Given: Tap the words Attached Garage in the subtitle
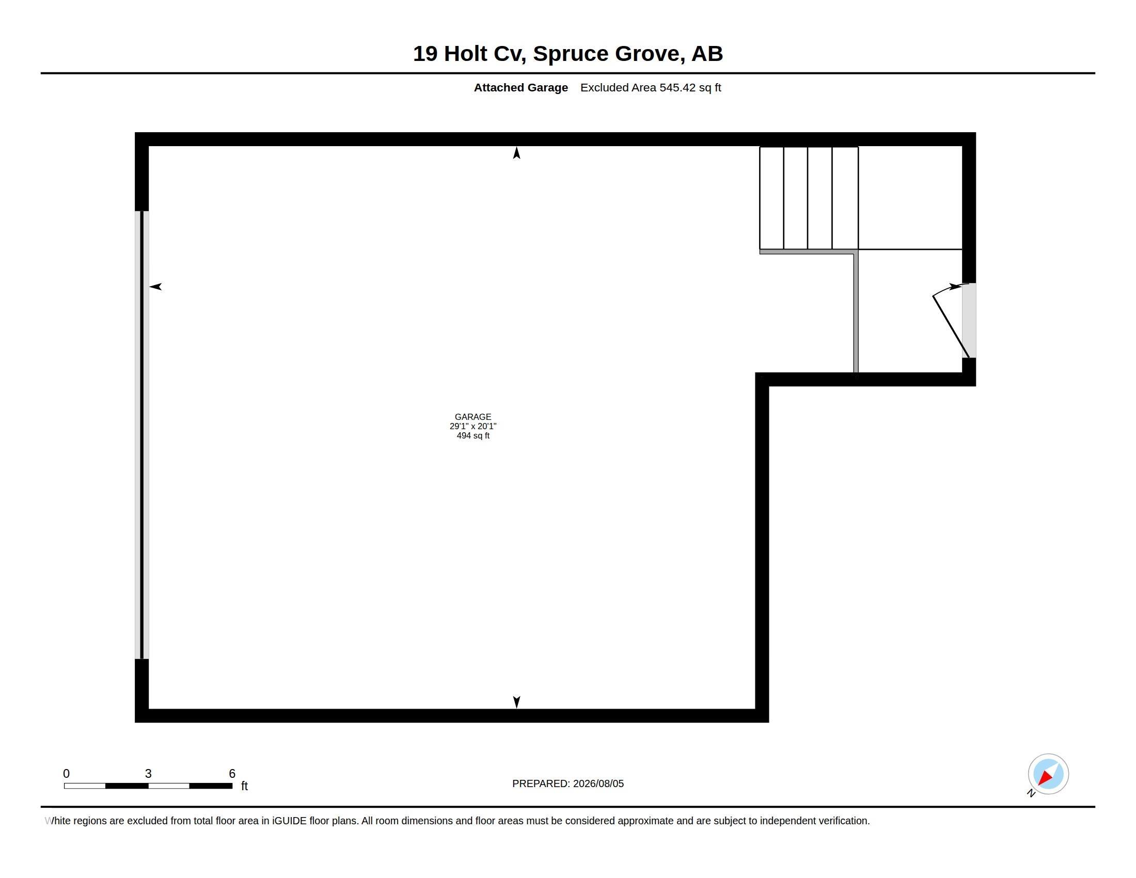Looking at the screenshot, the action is tap(520, 88).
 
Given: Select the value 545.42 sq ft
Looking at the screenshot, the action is tap(690, 88).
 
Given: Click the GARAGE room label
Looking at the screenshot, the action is tap(473, 417).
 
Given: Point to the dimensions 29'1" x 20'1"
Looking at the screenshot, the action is tap(473, 426).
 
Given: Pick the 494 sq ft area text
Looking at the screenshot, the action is tap(473, 435).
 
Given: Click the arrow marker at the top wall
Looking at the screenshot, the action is tap(516, 152).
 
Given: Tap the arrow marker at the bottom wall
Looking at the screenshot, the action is tap(516, 702).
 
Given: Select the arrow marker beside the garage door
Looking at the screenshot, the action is tap(155, 287).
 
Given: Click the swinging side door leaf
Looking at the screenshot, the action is tap(951, 326).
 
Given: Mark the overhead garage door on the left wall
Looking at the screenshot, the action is tap(142, 435).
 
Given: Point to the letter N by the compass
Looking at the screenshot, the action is tap(1031, 793).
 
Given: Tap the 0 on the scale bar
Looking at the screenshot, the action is tap(66, 774).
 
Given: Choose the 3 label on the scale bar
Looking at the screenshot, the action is tap(148, 774).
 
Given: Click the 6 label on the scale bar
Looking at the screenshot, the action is tap(232, 774).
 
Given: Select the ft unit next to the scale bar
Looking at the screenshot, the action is tap(244, 786).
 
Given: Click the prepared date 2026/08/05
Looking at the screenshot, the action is tap(598, 784).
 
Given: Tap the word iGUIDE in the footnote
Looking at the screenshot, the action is tap(289, 821).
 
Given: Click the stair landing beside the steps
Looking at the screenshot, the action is tap(910, 198).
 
